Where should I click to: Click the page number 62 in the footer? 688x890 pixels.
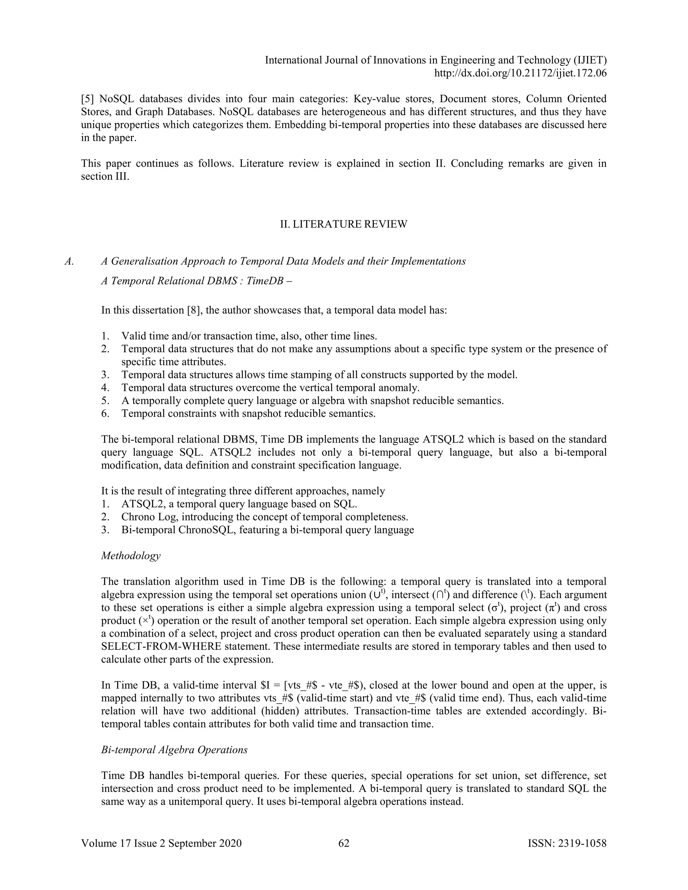pyautogui.click(x=344, y=843)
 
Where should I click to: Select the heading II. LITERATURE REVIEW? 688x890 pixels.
pyautogui.click(x=344, y=224)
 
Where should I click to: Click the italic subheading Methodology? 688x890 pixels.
pyautogui.click(x=130, y=555)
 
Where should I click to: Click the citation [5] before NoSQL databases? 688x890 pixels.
pyautogui.click(x=88, y=99)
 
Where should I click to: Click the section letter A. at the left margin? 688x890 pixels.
pyautogui.click(x=69, y=261)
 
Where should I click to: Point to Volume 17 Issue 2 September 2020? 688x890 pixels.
pyautogui.click(x=161, y=843)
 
